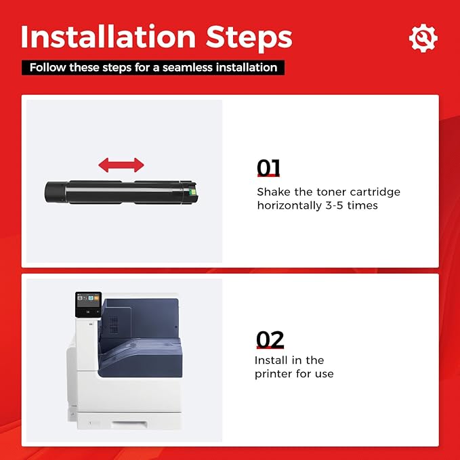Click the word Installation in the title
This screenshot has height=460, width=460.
(x=108, y=37)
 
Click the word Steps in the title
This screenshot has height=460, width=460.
(x=249, y=39)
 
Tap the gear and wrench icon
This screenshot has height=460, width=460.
(x=423, y=38)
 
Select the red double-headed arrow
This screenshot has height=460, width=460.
(x=121, y=165)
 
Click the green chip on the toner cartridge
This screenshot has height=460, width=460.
(x=193, y=192)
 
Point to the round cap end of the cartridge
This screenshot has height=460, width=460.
(x=55, y=192)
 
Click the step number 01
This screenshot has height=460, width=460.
(x=268, y=168)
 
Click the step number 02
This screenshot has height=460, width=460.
(x=270, y=339)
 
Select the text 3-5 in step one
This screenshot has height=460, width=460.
(x=334, y=205)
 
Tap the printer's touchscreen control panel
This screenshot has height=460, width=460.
(x=88, y=304)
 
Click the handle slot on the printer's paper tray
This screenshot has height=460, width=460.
(x=129, y=424)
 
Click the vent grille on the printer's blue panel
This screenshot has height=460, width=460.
(x=114, y=325)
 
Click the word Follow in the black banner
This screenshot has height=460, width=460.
(x=48, y=68)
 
